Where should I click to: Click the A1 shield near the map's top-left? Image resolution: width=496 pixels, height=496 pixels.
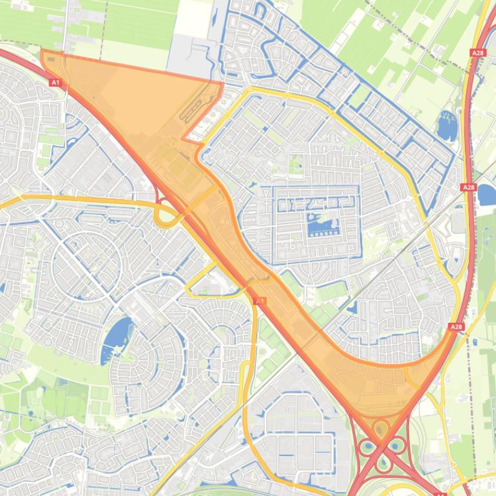(55, 82)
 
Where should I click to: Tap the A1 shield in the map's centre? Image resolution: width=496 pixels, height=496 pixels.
(260, 301)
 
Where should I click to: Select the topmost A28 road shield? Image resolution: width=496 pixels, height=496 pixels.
(477, 53)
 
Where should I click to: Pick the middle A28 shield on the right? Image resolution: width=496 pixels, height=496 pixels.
(468, 187)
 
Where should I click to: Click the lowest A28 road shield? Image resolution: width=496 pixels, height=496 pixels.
(456, 327)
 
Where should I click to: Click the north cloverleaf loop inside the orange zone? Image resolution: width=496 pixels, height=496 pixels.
(381, 428)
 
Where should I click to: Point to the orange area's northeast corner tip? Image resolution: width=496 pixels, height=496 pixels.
(223, 82)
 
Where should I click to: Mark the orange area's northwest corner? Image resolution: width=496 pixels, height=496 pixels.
(42, 51)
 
